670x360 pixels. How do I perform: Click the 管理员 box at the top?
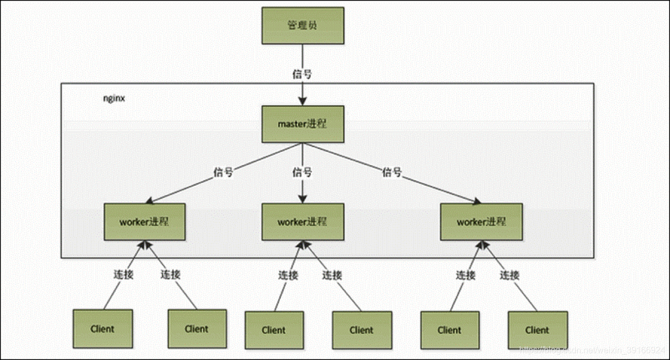click(x=302, y=26)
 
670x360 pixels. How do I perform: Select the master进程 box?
click(x=302, y=124)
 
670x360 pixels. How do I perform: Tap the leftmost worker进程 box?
click(x=144, y=221)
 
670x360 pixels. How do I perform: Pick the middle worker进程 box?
click(x=302, y=221)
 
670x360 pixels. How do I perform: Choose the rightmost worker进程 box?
click(x=481, y=221)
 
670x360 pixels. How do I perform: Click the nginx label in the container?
click(x=114, y=98)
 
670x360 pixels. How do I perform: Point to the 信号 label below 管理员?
click(x=302, y=74)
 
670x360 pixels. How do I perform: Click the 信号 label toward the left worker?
click(x=223, y=172)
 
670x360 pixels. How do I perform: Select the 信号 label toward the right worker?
click(x=391, y=172)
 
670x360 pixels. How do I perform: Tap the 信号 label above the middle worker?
click(x=302, y=172)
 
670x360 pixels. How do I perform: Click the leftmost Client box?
click(x=103, y=329)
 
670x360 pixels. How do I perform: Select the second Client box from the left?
click(x=197, y=329)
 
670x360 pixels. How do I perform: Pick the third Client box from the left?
click(x=274, y=330)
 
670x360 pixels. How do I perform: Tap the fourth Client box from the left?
click(x=362, y=330)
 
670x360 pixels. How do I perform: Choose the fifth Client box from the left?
click(x=450, y=330)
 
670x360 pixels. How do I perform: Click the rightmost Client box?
click(x=537, y=330)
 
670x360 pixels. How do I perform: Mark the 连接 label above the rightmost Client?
click(x=510, y=275)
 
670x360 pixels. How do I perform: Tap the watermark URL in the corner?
click(x=592, y=350)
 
